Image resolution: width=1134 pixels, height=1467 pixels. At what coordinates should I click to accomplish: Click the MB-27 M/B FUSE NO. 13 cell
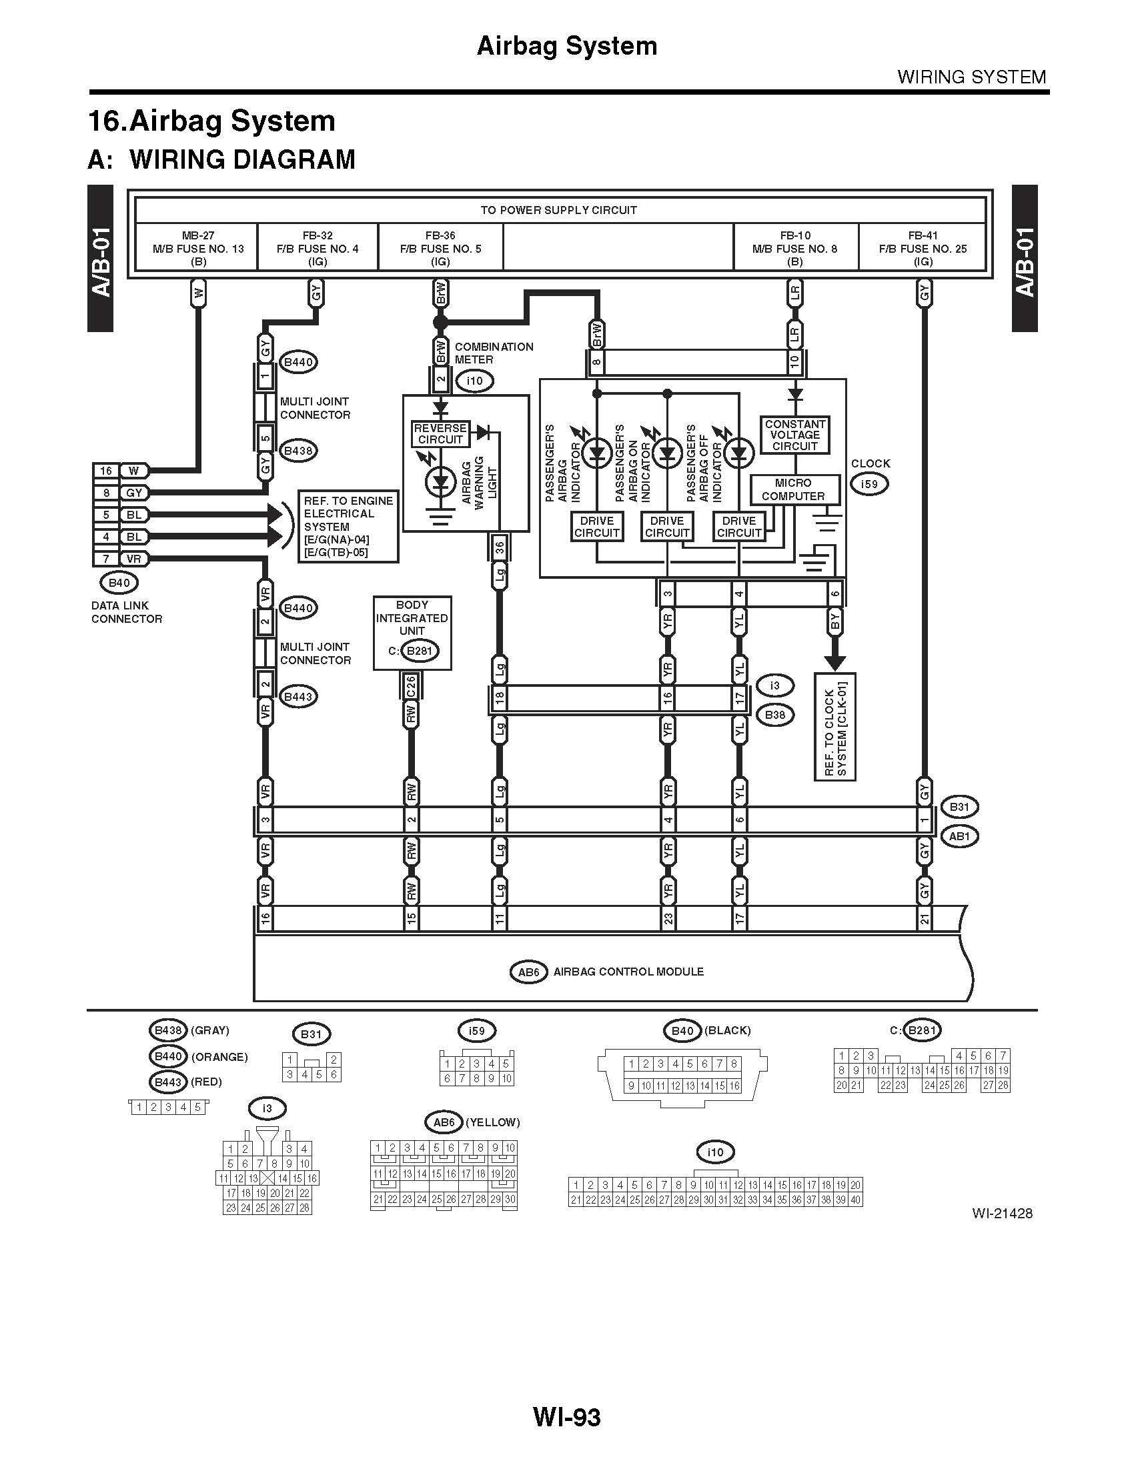[x=197, y=248]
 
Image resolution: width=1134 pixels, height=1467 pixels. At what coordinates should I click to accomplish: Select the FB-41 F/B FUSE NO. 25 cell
[x=923, y=248]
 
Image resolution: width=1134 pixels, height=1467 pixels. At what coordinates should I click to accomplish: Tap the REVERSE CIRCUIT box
[x=440, y=434]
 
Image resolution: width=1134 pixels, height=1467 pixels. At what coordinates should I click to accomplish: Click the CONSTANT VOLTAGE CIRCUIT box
[x=794, y=435]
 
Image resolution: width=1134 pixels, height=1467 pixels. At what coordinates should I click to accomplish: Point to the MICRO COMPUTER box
[x=793, y=489]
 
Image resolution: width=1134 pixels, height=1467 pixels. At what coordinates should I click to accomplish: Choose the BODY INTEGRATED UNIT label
[x=412, y=617]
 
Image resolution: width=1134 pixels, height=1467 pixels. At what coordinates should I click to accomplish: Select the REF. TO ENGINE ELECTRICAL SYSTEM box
[x=348, y=527]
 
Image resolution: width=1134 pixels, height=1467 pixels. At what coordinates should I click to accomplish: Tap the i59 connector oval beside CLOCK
[x=869, y=483]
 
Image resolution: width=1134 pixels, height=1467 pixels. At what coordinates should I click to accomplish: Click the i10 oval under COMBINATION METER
[x=474, y=381]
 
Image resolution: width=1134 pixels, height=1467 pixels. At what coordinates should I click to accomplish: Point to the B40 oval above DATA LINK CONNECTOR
[x=119, y=582]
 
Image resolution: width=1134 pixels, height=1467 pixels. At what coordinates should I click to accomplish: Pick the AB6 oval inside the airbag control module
[x=529, y=972]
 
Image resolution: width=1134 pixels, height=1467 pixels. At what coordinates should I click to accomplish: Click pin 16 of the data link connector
[x=106, y=471]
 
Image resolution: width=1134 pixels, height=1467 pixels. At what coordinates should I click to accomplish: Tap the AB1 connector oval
[x=959, y=836]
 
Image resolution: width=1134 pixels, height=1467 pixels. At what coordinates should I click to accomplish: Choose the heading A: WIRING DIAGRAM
[x=221, y=160]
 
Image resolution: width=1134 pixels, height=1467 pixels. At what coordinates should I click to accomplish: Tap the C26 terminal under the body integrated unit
[x=411, y=685]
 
